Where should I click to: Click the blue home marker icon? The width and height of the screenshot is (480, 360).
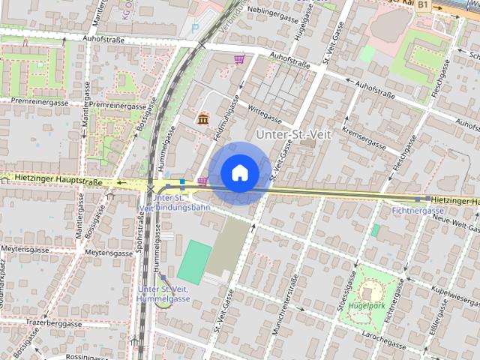239,172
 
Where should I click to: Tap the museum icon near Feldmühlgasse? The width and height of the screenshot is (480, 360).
202,118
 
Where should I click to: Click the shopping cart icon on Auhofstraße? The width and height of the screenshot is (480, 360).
239,59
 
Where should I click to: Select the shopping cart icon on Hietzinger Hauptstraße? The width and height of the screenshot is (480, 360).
202,181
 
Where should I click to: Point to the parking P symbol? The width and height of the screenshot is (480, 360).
196,29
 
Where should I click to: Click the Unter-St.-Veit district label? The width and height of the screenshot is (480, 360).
287,133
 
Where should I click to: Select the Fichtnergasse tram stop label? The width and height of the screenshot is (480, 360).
418,211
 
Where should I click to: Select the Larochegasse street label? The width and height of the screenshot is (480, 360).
384,340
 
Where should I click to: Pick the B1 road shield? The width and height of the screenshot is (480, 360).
423,5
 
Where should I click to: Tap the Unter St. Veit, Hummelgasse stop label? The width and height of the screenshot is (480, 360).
163,293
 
